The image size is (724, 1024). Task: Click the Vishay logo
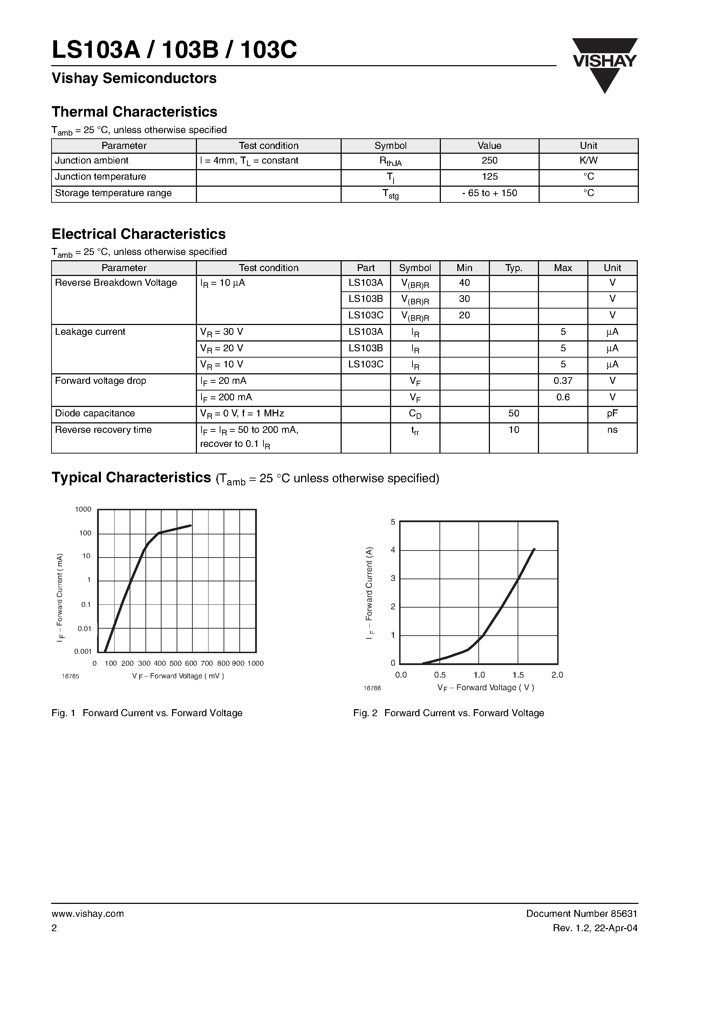click(x=605, y=65)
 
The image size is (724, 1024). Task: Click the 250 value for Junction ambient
click(x=490, y=160)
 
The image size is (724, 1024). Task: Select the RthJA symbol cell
click(x=391, y=161)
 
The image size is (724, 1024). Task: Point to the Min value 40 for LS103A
click(x=464, y=283)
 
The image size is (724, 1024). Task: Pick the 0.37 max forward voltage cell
click(x=563, y=381)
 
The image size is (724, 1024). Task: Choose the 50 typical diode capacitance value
click(x=514, y=414)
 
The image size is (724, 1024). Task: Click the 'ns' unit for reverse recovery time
click(x=613, y=430)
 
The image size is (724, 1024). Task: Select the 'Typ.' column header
click(x=514, y=268)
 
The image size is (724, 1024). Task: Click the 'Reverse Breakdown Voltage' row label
click(x=116, y=283)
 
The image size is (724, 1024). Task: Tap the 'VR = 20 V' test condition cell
click(x=222, y=348)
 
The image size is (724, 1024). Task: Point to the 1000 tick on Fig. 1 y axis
click(x=83, y=509)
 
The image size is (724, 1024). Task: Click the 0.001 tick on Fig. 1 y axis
click(x=83, y=652)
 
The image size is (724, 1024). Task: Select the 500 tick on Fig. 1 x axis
click(x=176, y=664)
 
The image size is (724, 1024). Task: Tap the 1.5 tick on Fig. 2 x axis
click(x=518, y=675)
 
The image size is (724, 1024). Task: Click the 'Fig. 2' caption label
click(x=365, y=713)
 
